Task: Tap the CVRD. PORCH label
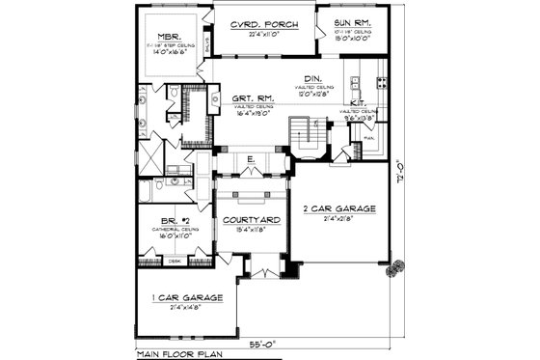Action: tap(262, 22)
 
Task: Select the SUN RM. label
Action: tap(353, 22)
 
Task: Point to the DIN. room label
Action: tap(310, 79)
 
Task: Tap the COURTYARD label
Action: tap(252, 220)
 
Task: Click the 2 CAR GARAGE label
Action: tap(339, 208)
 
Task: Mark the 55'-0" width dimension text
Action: tap(259, 342)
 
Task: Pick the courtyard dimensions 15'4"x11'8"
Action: tap(252, 231)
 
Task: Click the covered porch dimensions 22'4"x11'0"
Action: tap(262, 34)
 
